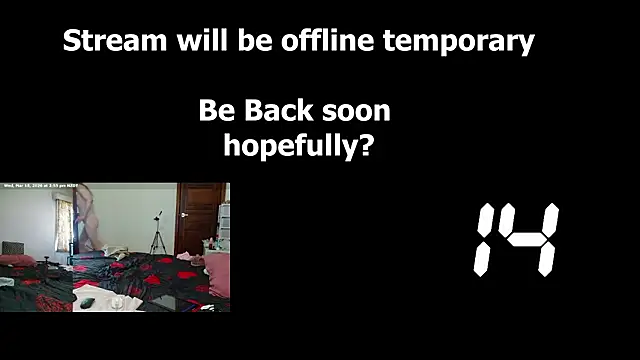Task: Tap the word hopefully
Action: point(286,146)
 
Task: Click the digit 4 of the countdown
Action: point(532,240)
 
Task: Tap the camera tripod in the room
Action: point(157,235)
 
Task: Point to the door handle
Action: point(182,216)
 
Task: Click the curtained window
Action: point(64,225)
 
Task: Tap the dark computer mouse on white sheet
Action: point(87,302)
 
